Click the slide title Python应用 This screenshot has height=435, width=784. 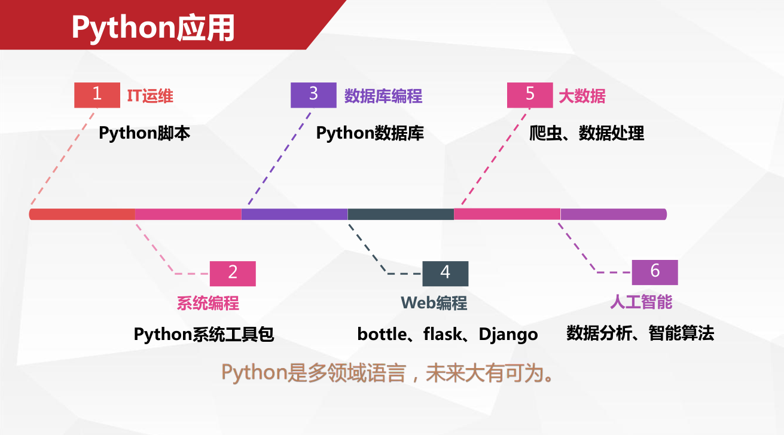[x=153, y=28]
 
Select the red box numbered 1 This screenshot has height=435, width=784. [x=97, y=95]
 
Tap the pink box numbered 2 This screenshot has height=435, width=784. [x=233, y=274]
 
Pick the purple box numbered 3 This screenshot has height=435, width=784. [x=313, y=95]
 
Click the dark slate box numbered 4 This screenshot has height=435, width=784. [x=445, y=274]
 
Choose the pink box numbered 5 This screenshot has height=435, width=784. [x=530, y=95]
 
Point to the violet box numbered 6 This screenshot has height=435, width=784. [x=655, y=272]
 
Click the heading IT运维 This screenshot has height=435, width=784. [x=150, y=96]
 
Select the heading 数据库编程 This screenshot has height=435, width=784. [x=383, y=96]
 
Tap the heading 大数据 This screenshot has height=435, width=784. [x=582, y=96]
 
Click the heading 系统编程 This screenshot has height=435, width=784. [x=208, y=303]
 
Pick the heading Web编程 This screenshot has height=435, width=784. [x=434, y=303]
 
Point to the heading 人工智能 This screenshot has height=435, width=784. [x=641, y=302]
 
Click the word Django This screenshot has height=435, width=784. [x=508, y=335]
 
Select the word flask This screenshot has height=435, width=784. [x=443, y=334]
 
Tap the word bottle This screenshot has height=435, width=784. [x=382, y=334]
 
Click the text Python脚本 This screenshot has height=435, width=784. [x=144, y=133]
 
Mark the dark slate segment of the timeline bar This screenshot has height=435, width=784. [x=401, y=214]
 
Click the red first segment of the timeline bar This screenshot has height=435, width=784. [x=82, y=214]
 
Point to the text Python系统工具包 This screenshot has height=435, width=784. [x=204, y=334]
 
